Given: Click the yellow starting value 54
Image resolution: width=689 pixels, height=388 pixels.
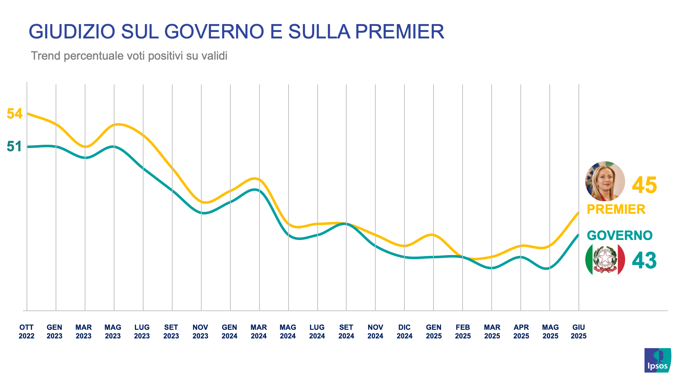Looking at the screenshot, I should coord(15,114).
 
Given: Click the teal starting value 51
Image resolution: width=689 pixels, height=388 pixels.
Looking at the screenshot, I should coord(14,147).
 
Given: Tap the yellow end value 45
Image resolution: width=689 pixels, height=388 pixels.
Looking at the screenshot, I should coord(644,185).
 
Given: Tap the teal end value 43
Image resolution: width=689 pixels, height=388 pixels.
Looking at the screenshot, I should coord(644,260).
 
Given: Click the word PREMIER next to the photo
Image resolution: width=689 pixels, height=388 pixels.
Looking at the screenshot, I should coord(616,209).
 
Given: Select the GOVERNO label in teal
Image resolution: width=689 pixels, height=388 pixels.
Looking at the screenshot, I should coord(619,236).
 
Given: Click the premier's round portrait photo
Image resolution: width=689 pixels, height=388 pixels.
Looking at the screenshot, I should coord(605,181).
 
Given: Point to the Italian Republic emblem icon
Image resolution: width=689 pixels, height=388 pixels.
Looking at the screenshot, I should coord(605,260).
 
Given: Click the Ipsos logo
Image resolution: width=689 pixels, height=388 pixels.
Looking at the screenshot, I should coord(657,360).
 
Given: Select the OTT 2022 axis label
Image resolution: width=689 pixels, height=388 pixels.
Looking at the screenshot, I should coord(27,332).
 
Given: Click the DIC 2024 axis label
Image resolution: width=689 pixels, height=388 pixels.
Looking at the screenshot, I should coord(404,332).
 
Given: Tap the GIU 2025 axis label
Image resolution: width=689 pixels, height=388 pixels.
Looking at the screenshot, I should coord(578,332).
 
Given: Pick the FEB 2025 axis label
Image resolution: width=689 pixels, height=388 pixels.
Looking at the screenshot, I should coord(463,332).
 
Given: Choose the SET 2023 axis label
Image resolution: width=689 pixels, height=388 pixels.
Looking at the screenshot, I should coord(171,332).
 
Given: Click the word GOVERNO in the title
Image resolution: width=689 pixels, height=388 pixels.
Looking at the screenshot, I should coord(214,32).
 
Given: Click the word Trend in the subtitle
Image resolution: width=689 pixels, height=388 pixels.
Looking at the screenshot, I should coord(46,56).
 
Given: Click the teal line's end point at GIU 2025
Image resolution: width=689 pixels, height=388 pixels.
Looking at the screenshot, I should coord(578,235).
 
